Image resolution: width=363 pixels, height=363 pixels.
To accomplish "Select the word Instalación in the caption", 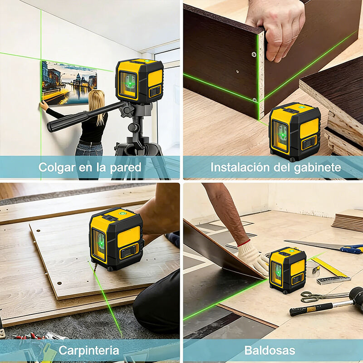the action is (240, 167).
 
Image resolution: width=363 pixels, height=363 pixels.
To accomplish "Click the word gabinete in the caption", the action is (317, 167).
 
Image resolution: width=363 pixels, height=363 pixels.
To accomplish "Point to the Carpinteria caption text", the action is (88, 350).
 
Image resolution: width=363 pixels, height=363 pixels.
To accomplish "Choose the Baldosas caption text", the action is (270, 350).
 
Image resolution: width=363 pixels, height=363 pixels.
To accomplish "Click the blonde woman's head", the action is (96, 99).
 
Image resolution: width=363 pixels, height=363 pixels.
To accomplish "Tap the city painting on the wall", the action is (69, 83).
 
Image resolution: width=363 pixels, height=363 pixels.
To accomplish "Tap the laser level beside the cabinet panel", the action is (294, 132).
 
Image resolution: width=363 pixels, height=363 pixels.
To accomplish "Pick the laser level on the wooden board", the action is (116, 239).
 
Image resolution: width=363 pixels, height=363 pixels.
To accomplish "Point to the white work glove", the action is (252, 256).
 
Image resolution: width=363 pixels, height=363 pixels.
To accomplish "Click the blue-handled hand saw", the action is (324, 246).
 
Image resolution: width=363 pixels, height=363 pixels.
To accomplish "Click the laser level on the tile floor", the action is (288, 270).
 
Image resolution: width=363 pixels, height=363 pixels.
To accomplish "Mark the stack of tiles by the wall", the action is (348, 221).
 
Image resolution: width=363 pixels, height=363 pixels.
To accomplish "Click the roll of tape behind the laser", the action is (313, 269).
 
